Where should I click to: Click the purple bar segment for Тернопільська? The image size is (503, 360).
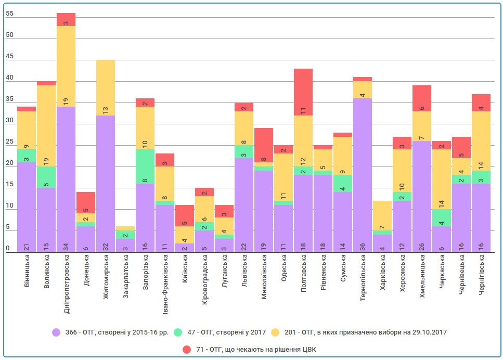362,175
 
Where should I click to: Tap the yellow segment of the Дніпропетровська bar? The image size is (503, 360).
66,66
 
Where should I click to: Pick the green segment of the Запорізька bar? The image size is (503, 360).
145,166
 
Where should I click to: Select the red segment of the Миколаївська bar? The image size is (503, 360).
263,145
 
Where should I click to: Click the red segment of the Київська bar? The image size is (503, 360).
184,215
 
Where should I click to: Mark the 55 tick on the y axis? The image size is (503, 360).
9,14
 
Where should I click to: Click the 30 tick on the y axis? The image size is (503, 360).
9,121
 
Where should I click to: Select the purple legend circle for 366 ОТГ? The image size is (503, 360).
57,332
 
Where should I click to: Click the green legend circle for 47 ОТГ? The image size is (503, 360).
178,332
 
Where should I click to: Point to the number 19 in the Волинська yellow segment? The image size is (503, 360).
46,161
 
